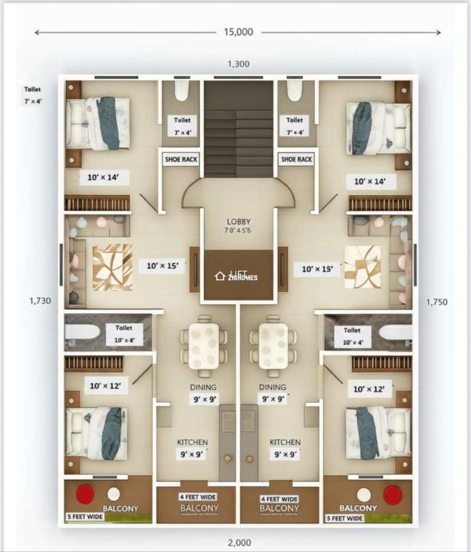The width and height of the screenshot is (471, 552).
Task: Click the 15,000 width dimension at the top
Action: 238,32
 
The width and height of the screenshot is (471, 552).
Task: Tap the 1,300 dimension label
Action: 238,64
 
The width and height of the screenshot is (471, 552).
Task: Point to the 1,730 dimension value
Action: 40,301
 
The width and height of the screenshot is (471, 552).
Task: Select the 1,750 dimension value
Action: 436,302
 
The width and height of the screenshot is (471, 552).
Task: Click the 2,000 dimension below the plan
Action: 238,543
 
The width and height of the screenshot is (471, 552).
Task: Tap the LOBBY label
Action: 239,222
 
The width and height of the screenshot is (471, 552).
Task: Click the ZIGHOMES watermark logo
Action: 236,276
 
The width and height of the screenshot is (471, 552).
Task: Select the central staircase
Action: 238,130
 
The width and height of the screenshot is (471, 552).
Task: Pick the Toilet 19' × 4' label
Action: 124,333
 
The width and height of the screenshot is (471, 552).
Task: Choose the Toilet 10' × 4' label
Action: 352,336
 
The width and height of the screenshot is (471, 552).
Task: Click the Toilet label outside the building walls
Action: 33,95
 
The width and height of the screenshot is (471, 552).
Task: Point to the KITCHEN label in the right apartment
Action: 285,442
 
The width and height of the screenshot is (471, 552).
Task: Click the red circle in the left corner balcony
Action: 85,493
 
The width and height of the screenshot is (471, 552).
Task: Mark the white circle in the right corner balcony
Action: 364,494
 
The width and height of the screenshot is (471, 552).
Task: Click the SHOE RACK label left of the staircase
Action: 181,159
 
